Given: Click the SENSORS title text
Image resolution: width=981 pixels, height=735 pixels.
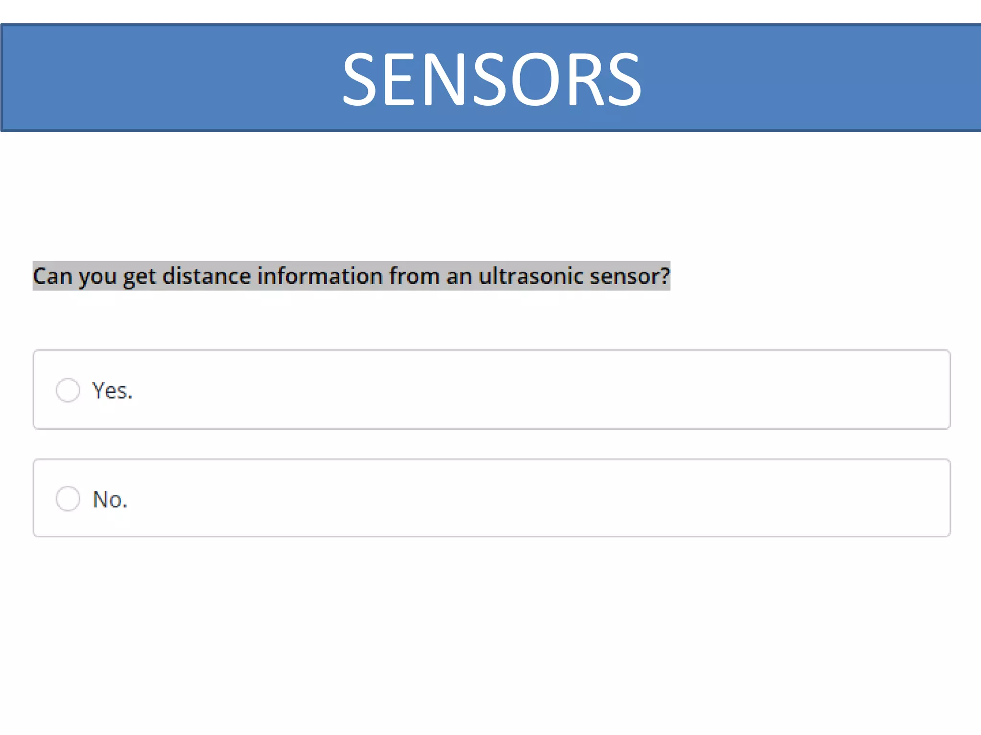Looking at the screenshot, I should click(491, 78).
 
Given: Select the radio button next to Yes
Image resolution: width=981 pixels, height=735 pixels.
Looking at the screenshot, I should click(68, 390).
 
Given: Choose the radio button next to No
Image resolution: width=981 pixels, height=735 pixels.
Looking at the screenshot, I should click(68, 499).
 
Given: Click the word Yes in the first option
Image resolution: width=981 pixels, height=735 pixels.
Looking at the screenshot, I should click(110, 390).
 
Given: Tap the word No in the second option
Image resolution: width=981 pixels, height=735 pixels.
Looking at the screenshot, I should click(107, 499).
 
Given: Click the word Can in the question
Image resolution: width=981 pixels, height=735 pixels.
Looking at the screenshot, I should click(52, 276).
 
